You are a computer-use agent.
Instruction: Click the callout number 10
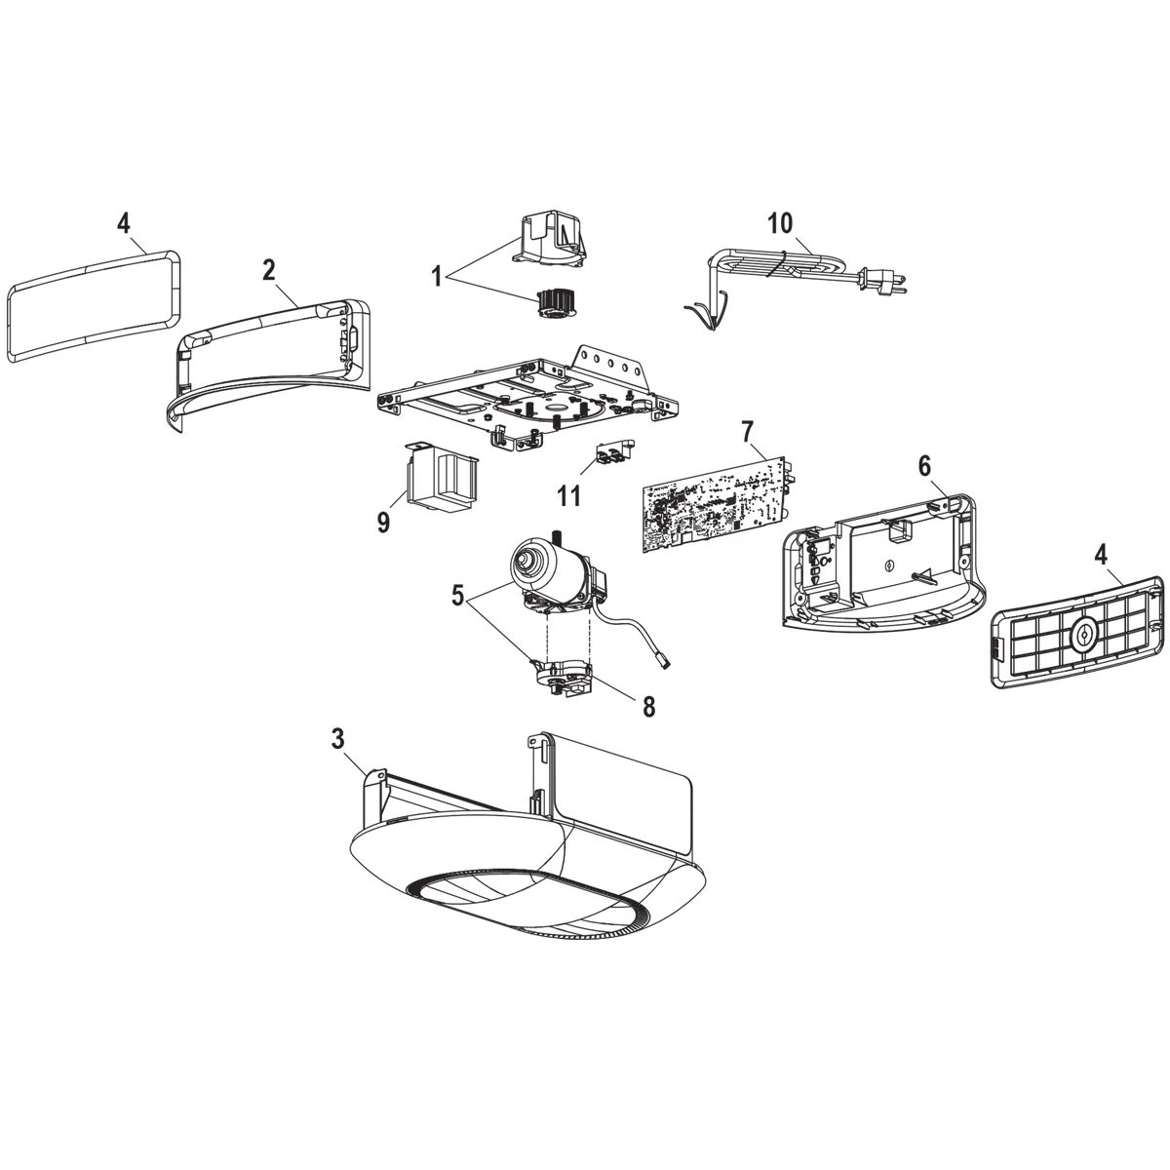779,222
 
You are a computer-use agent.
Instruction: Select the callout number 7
748,431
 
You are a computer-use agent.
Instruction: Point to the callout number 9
383,523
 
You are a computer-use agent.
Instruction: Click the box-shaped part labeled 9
442,478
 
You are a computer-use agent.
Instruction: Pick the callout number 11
569,495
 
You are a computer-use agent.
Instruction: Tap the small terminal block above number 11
613,452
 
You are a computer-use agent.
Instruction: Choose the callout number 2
268,272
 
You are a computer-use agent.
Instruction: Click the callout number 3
337,739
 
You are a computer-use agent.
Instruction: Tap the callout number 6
923,465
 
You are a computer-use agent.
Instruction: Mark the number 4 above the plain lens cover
123,222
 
